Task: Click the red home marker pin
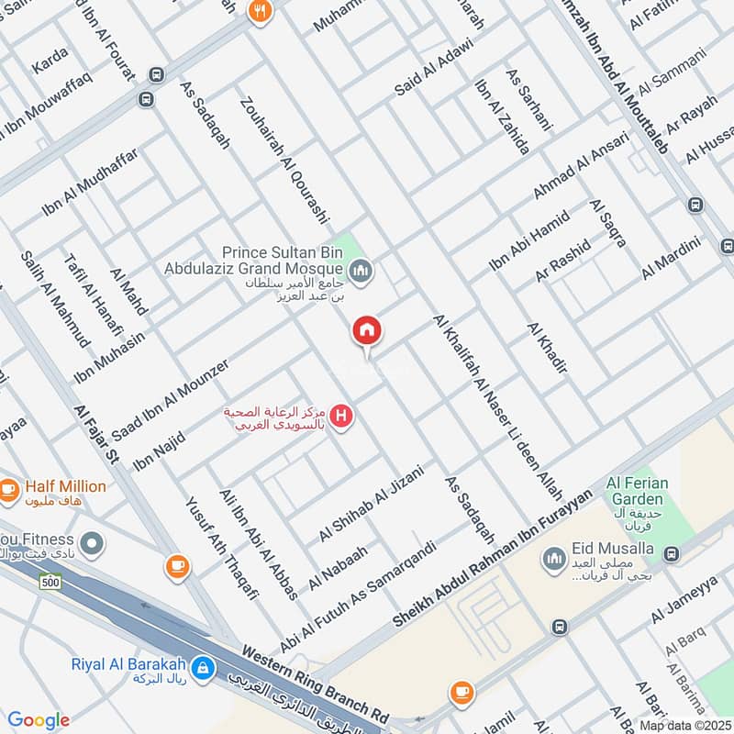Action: point(367,331)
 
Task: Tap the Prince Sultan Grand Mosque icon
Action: point(361,270)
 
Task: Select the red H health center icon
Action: point(342,417)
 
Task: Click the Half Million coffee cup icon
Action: point(10,490)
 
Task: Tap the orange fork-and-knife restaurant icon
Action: point(260,12)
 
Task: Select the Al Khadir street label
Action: point(547,349)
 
